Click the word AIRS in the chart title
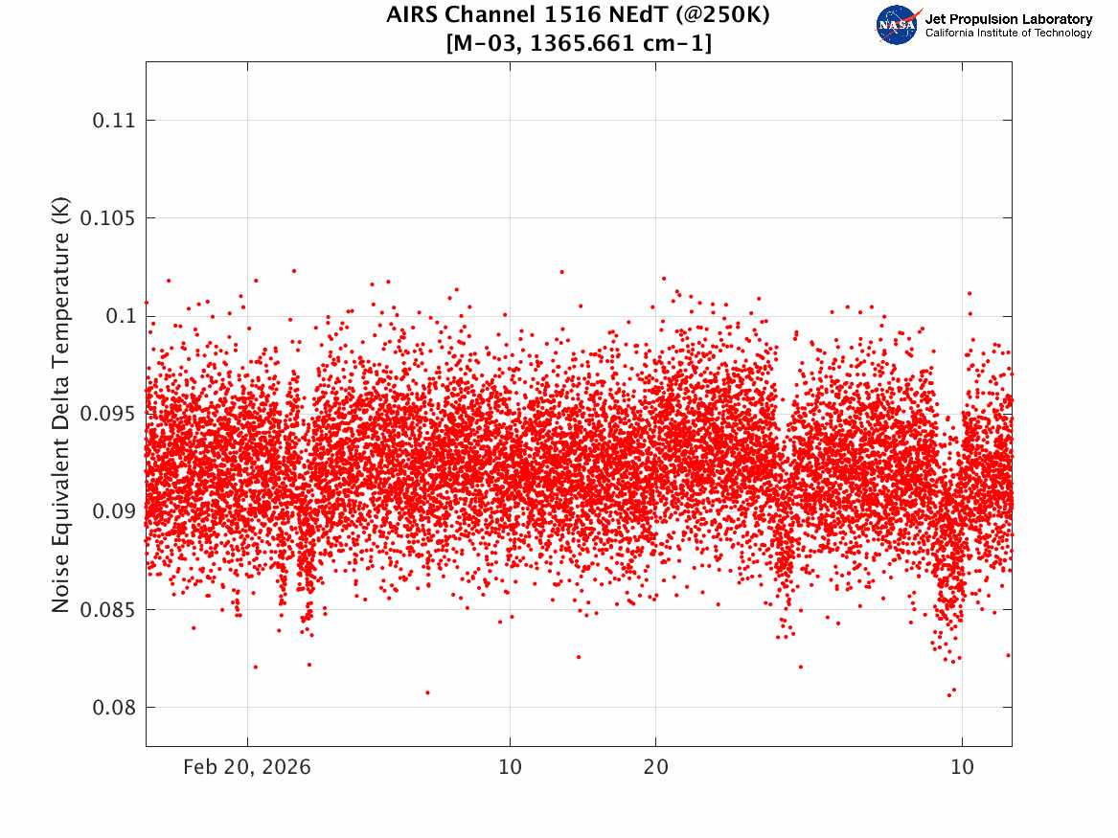coord(411,14)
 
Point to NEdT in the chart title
coord(633,14)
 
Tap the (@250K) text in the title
coord(722,15)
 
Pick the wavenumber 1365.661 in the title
coord(582,43)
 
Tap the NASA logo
coord(898,25)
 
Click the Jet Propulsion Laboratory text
coord(1008,19)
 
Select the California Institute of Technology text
coord(1008,33)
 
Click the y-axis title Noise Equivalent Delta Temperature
coord(61,405)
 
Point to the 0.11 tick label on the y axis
coord(113,120)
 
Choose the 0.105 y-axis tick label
coord(107,218)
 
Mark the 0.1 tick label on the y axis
coord(121,316)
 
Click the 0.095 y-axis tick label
coord(107,414)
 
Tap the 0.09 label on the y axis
coord(113,511)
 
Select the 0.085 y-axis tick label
coord(107,610)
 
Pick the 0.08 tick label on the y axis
coord(113,708)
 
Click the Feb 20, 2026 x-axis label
coord(247,767)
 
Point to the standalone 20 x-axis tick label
coord(656,767)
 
